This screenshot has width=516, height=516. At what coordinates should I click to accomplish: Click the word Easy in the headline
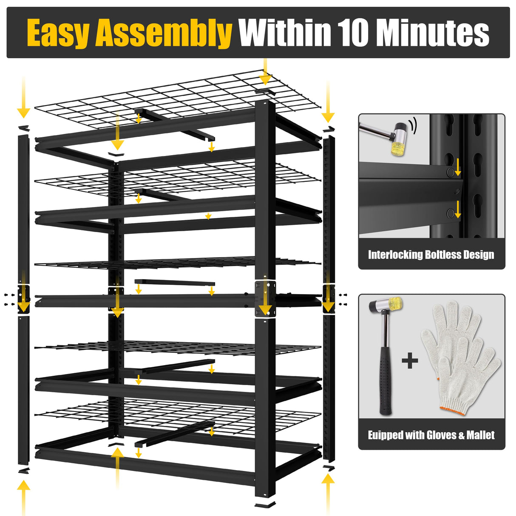pos(59,33)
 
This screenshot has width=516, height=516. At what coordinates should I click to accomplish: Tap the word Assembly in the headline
pos(164,33)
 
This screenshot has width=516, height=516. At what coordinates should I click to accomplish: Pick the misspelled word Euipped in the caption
pos(384,435)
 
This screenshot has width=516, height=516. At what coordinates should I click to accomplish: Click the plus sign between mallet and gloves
pos(410,362)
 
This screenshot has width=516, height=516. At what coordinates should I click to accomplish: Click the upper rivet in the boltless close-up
pos(450,171)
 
